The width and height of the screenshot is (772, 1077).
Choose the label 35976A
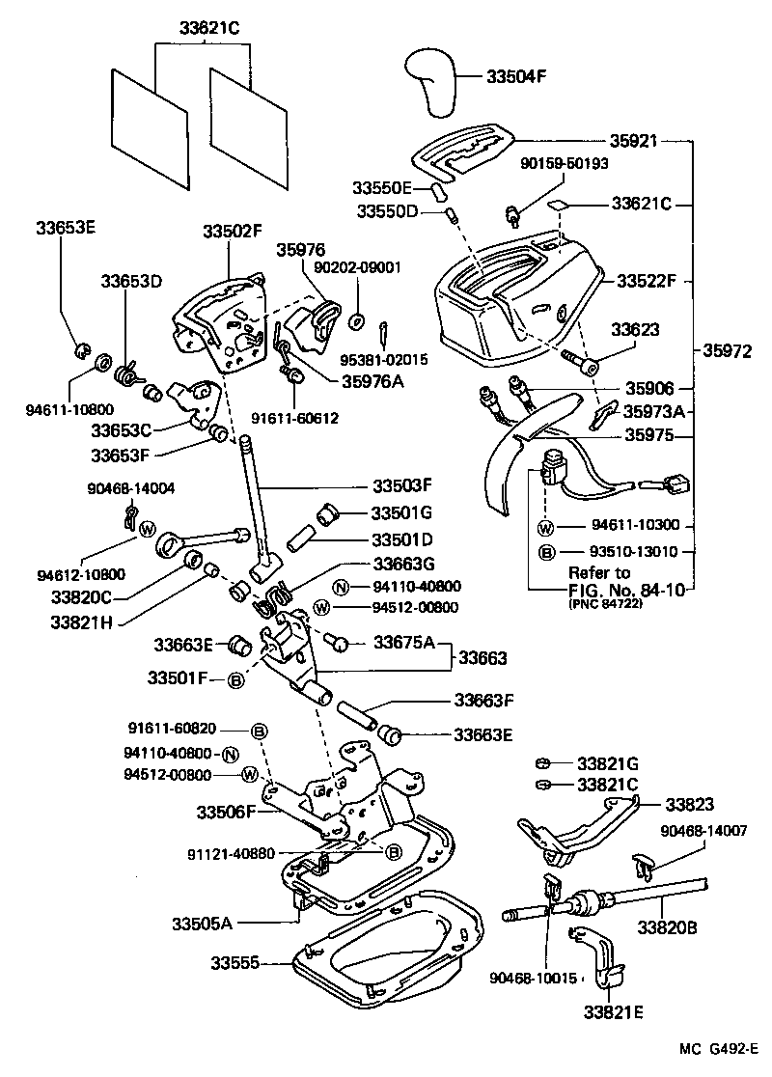click(372, 380)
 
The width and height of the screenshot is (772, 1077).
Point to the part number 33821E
click(612, 1012)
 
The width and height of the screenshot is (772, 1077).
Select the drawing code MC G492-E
click(715, 1050)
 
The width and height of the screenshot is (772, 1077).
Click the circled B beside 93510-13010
click(545, 552)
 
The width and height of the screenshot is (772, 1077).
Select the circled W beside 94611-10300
click(545, 527)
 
